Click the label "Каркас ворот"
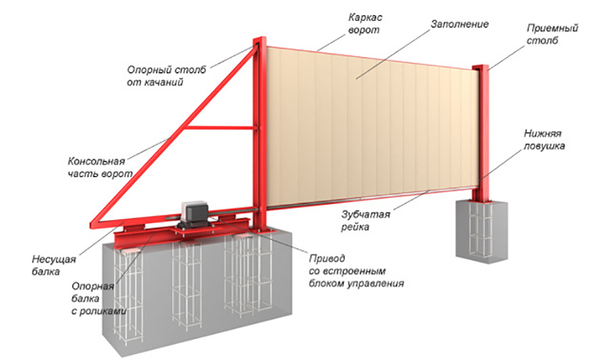(x=365, y=24)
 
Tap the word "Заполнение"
(x=460, y=24)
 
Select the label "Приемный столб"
(x=552, y=34)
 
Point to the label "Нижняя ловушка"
(x=544, y=140)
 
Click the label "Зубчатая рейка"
(x=366, y=220)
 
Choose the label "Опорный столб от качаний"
(x=166, y=76)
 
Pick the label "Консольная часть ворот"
(x=100, y=167)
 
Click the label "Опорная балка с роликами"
(x=99, y=299)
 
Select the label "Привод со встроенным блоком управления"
(x=356, y=271)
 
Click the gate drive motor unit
(x=194, y=214)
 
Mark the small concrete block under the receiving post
(x=481, y=230)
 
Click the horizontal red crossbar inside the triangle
(x=219, y=128)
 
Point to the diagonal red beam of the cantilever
(x=173, y=134)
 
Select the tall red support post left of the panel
(x=260, y=134)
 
